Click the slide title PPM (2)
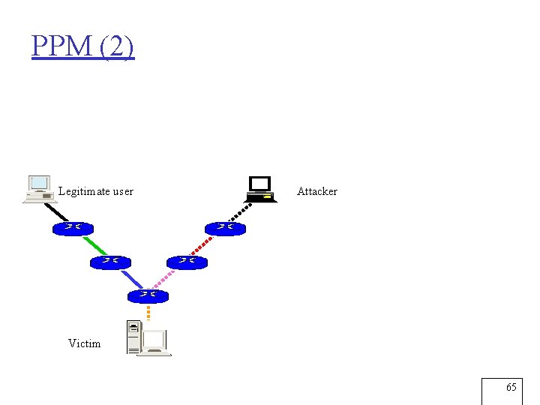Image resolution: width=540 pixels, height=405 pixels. (x=82, y=46)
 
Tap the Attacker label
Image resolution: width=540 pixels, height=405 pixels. (x=316, y=191)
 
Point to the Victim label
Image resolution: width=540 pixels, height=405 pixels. (x=84, y=343)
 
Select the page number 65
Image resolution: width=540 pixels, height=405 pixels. (x=511, y=388)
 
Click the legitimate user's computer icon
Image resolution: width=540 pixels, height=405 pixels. (x=39, y=190)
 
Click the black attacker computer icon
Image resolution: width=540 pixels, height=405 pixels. (x=261, y=189)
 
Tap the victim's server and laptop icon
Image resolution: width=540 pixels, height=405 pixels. (x=148, y=338)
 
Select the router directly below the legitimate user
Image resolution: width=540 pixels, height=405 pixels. (x=73, y=228)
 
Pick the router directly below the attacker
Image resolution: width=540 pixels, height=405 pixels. (x=225, y=228)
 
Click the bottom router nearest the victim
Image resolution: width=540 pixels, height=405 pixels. (x=148, y=295)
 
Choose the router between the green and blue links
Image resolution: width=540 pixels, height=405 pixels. (x=110, y=262)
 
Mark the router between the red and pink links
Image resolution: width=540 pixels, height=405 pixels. (x=187, y=262)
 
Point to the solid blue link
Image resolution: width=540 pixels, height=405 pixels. (x=131, y=279)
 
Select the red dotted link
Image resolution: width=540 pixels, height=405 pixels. (x=205, y=245)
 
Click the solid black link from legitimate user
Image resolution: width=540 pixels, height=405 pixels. (x=58, y=211)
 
